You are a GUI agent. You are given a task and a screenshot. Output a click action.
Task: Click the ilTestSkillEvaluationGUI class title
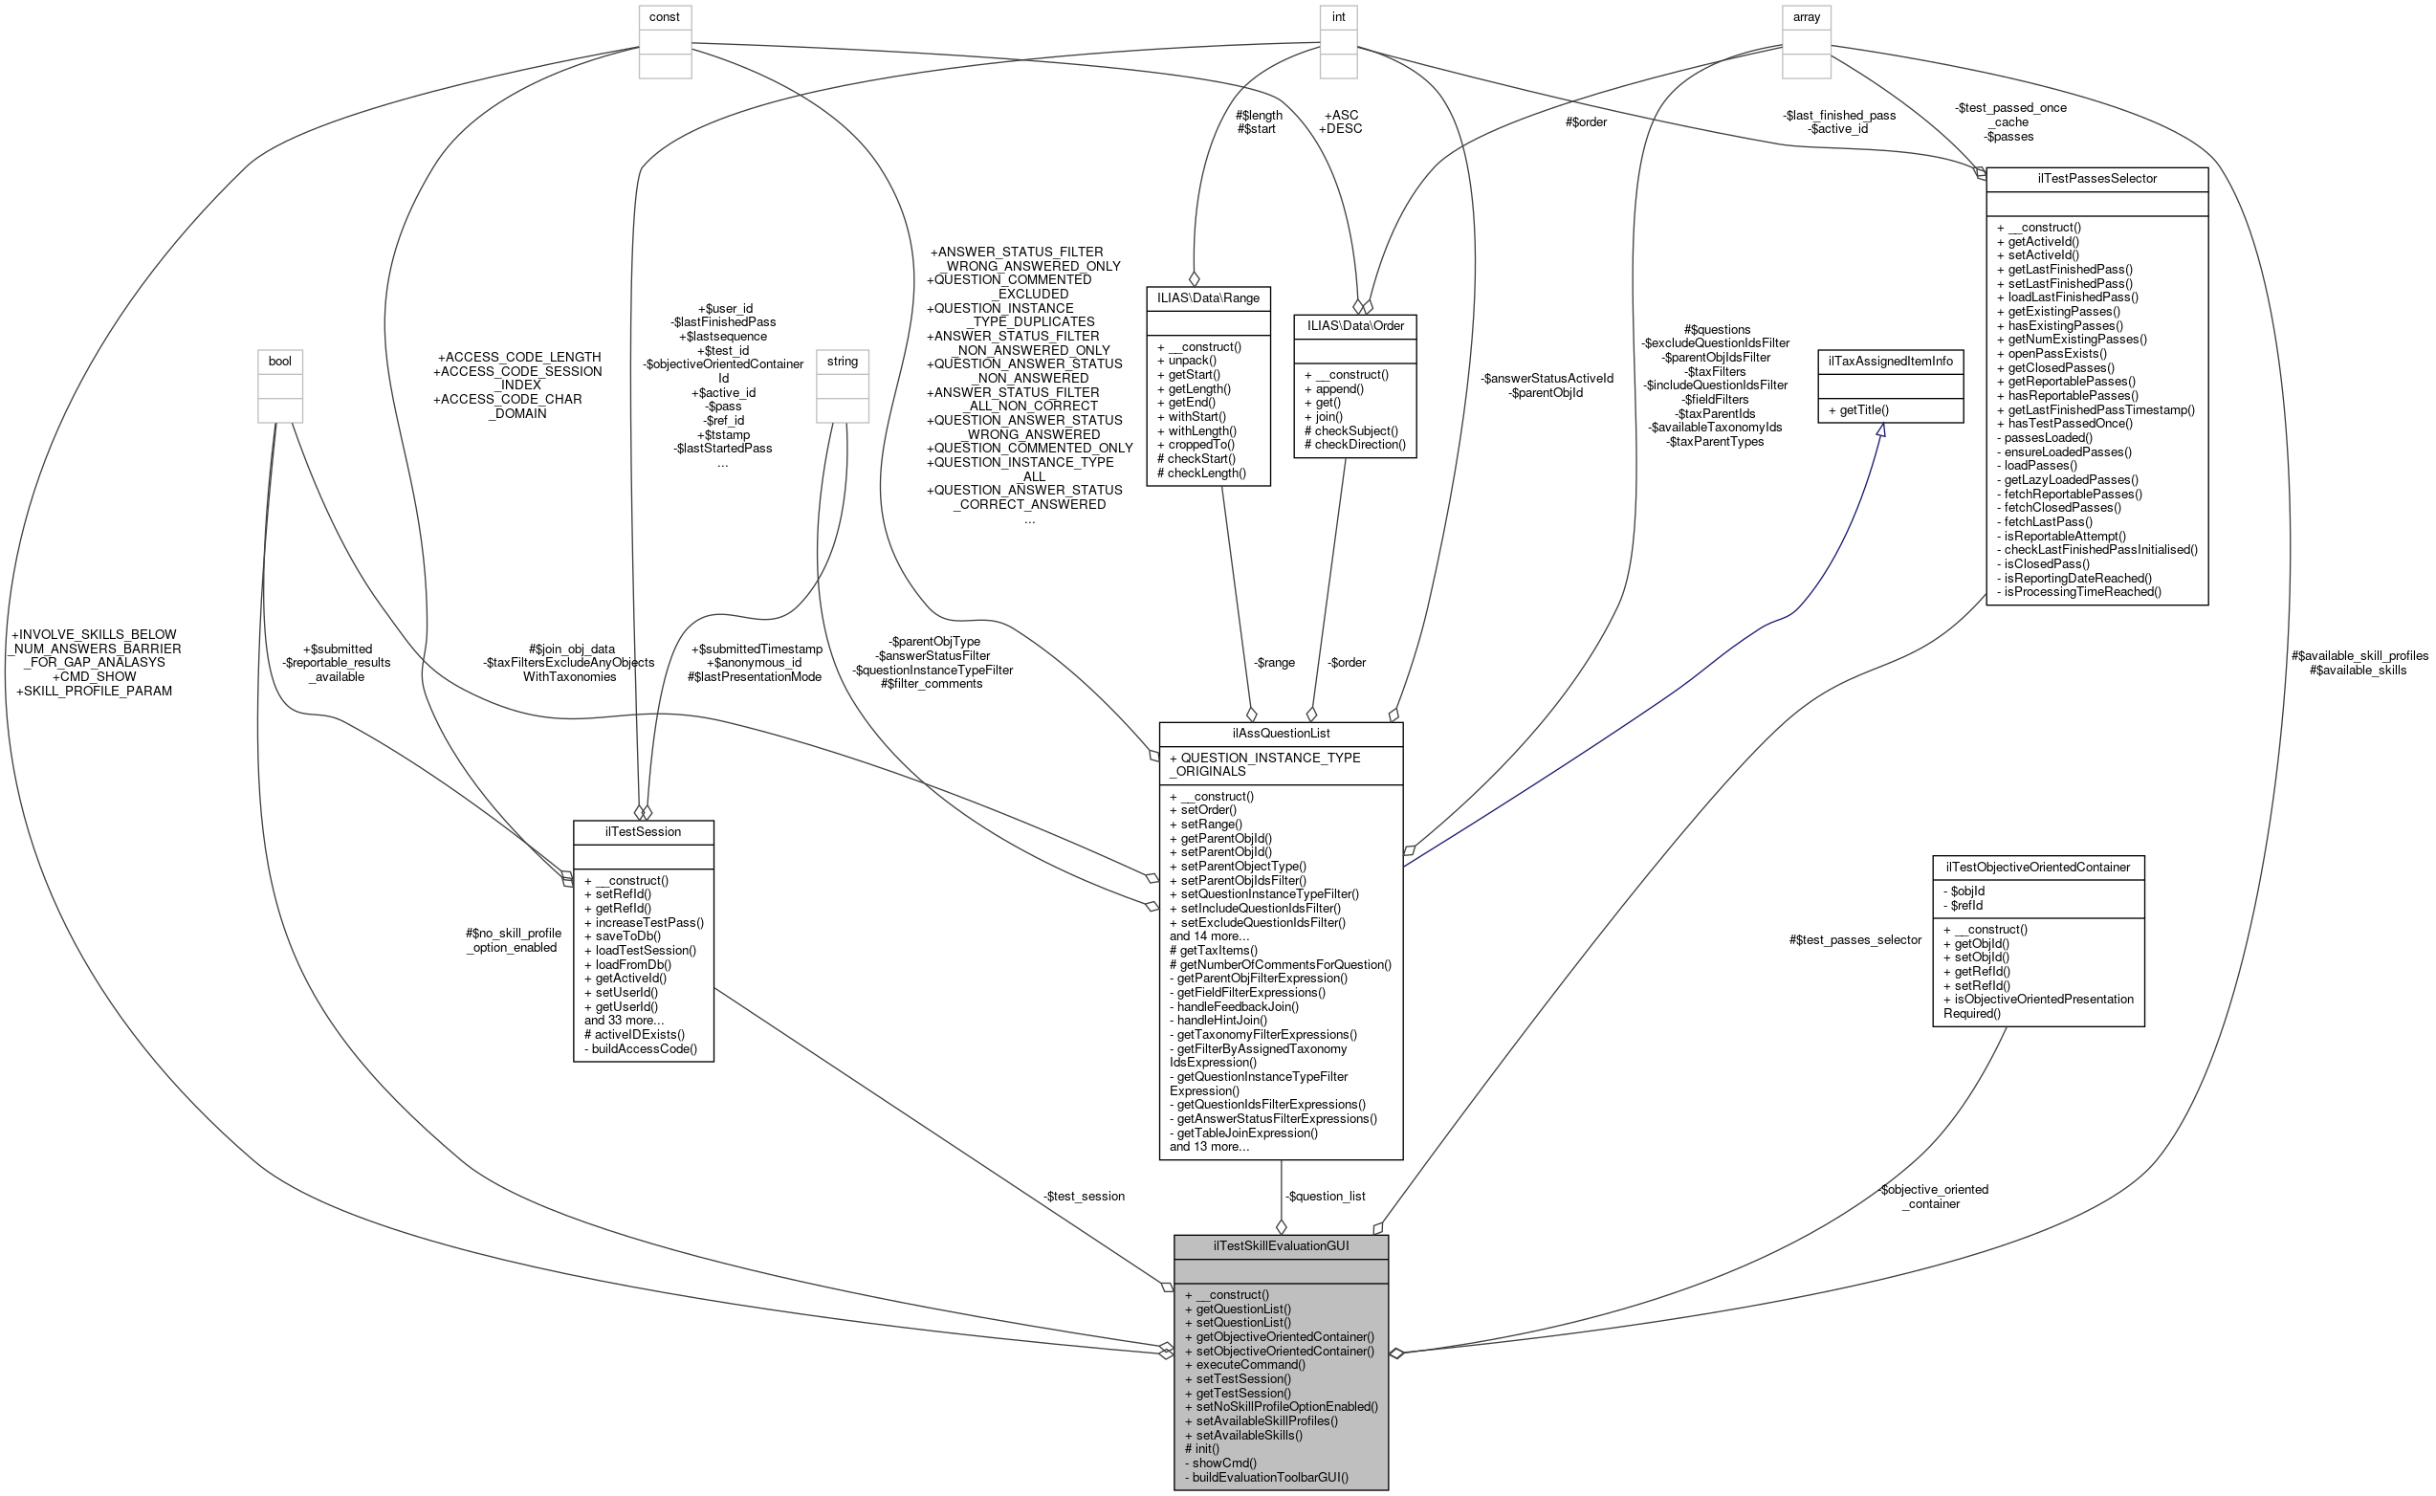1281,1245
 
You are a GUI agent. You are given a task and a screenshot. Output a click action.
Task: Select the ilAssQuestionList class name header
1281,733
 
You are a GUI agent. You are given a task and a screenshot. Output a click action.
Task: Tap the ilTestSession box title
643,831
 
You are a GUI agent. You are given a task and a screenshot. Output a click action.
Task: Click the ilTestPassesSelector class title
2096,179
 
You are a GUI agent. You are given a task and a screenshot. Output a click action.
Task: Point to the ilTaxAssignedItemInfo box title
1890,362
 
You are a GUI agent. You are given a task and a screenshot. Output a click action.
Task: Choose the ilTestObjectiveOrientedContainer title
2037,867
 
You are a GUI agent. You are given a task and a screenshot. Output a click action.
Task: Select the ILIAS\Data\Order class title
1355,325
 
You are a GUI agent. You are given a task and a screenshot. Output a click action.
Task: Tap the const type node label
665,17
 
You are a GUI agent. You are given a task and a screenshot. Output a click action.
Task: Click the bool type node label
280,362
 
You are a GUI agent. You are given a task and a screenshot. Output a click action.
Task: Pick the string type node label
843,362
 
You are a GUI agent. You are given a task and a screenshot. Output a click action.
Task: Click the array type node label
1806,17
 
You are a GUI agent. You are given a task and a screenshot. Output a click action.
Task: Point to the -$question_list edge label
1326,1197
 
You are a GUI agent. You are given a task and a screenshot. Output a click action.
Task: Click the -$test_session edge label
1084,1197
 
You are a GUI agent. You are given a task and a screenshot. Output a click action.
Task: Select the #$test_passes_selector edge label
1855,940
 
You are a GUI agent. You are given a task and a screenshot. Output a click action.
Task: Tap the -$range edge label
1274,663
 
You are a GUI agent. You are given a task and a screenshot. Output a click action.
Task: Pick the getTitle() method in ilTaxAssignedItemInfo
1859,409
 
